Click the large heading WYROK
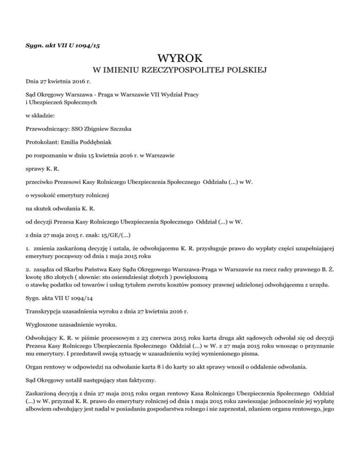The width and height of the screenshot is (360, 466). pyautogui.click(x=180, y=59)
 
